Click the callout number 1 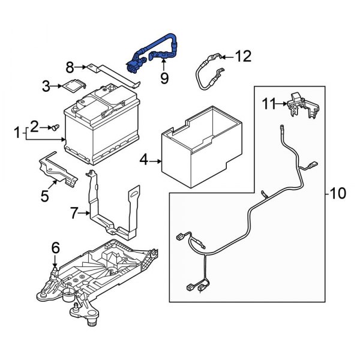click(17, 131)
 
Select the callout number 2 click(35, 126)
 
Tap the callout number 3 click(46, 86)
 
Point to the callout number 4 click(143, 160)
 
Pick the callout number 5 click(44, 195)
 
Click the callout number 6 click(55, 247)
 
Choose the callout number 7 click(74, 212)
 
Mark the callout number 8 click(70, 67)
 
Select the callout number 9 click(164, 77)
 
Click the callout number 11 click(268, 104)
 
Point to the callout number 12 click(242, 56)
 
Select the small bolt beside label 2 click(53, 127)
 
